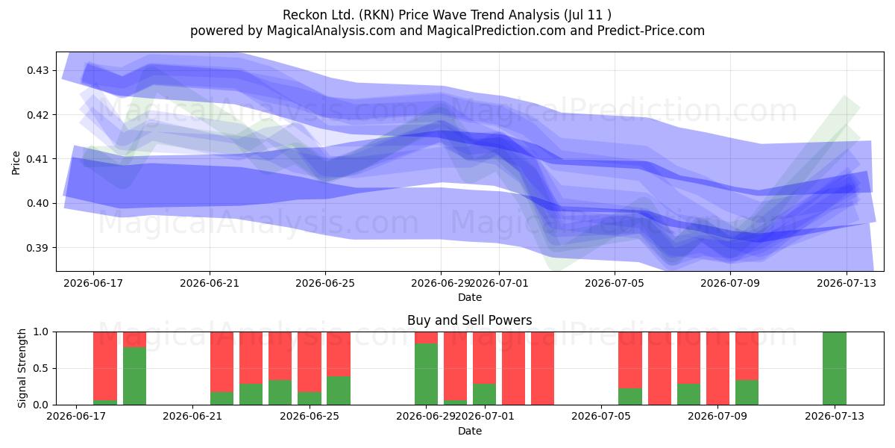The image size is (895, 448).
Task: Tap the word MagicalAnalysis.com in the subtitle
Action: pos(331,31)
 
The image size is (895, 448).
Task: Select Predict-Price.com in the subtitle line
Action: pos(651,31)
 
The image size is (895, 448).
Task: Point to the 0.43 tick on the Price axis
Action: pos(37,70)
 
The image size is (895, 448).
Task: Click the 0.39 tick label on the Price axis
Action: pos(37,248)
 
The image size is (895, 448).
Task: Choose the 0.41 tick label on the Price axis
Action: pos(37,159)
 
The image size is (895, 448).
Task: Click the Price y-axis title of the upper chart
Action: pos(16,163)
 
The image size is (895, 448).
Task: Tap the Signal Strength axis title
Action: pos(22,368)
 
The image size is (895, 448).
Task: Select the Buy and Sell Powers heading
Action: pos(469,320)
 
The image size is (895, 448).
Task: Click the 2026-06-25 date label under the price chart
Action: pos(325,283)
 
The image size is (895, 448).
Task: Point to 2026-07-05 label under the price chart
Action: pos(615,283)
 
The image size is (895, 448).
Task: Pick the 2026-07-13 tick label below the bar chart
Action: pos(835,417)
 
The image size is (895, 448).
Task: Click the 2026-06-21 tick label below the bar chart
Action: pos(192,417)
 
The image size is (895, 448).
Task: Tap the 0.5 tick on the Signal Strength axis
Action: pos(41,368)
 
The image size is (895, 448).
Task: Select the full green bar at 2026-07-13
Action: pos(835,368)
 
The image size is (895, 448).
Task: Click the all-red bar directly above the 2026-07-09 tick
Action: pos(717,368)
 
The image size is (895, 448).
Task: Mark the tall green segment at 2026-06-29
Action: pos(427,373)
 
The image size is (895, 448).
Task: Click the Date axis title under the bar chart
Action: pos(469,431)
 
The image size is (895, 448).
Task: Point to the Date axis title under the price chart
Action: pos(469,297)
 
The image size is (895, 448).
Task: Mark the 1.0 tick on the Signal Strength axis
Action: pos(41,332)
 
